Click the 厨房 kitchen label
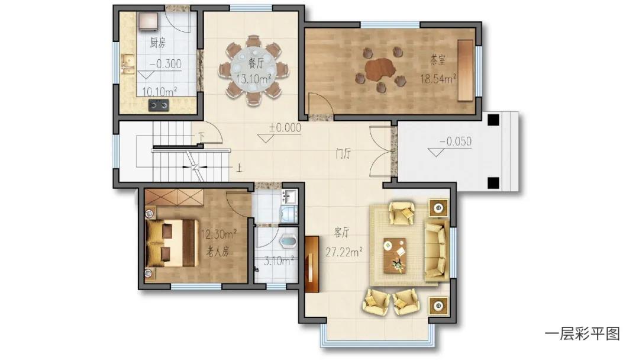pos(158,43)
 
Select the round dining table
pos(254,70)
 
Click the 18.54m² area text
pos(438,78)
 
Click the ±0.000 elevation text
pos(285,128)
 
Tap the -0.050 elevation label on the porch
pos(455,142)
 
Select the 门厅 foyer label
pos(343,154)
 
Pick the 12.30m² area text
pos(219,234)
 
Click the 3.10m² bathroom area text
pos(279,261)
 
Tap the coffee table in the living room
pos(395,255)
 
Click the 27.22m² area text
pos(344,252)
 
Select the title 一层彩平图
pos(582,334)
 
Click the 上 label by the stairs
pos(239,168)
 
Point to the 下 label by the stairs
pos(201,136)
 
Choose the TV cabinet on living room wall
pos(312,265)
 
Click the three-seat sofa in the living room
pos(437,250)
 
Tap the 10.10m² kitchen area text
pos(159,91)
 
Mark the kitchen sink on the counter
pos(128,65)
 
